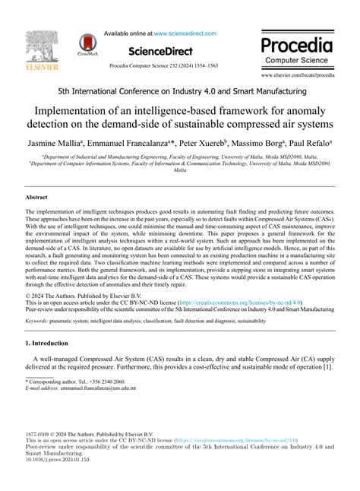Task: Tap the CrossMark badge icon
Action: (87, 45)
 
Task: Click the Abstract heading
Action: (37, 196)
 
